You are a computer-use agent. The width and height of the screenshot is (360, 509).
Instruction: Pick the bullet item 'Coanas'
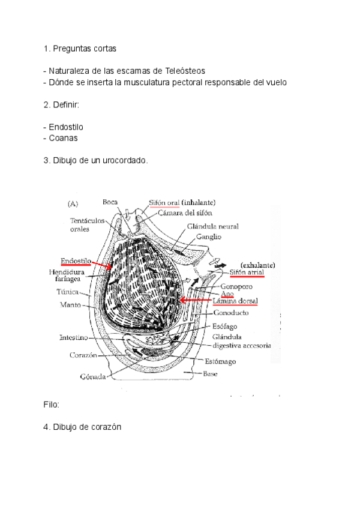[63, 138]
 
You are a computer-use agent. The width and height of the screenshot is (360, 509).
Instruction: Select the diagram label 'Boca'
[110, 202]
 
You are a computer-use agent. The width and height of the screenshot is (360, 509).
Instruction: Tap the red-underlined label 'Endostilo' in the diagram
[76, 261]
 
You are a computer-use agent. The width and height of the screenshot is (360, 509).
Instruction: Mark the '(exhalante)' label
[257, 264]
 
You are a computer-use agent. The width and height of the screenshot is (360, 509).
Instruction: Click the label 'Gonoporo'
[235, 286]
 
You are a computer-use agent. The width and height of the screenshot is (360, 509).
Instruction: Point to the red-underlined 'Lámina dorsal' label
[235, 301]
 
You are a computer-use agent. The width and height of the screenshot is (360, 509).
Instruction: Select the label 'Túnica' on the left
[68, 292]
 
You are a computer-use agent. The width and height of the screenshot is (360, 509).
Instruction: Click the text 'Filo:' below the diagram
[52, 405]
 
